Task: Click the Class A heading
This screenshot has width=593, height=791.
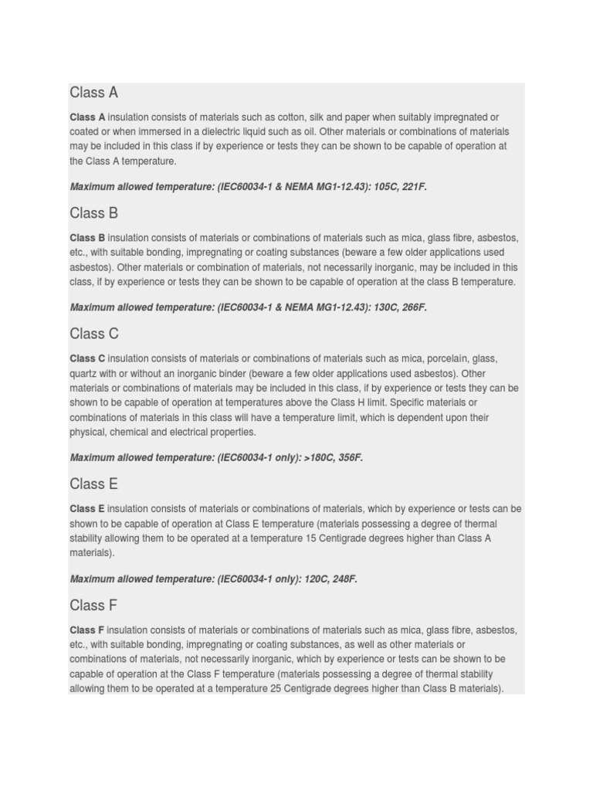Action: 93,93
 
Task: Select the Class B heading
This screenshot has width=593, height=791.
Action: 93,213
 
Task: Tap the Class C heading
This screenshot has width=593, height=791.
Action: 94,334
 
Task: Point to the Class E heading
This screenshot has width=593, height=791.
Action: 93,484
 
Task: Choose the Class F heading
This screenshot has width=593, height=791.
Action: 93,605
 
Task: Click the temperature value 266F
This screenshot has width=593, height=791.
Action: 412,307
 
